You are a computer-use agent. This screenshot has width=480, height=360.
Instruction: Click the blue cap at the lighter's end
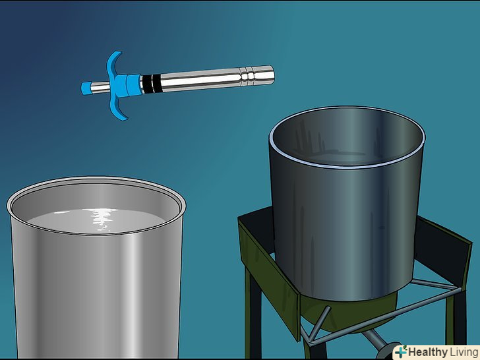[86, 88]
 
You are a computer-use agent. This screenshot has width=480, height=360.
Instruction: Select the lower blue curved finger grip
[119, 109]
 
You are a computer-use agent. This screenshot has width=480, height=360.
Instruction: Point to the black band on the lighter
[150, 84]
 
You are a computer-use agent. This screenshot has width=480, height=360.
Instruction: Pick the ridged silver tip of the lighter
[257, 75]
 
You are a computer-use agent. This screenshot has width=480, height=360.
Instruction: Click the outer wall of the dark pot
[346, 233]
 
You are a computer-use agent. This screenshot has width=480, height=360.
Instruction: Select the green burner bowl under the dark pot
[349, 313]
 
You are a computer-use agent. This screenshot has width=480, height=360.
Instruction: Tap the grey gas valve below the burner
[380, 342]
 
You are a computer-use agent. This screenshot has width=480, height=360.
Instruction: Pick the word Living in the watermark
[464, 352]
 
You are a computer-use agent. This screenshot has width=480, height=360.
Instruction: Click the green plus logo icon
[401, 351]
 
